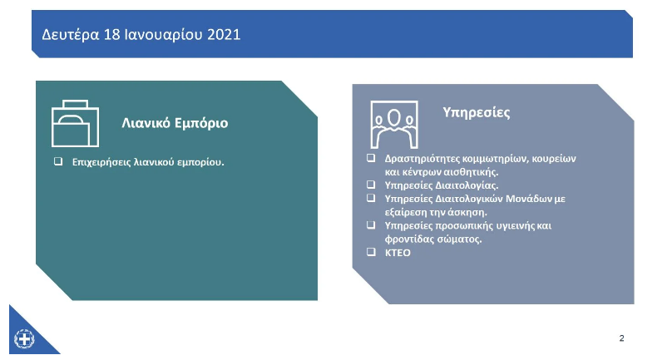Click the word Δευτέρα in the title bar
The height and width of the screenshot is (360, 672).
pyautogui.click(x=71, y=35)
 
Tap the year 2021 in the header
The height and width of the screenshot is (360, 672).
pyautogui.click(x=224, y=34)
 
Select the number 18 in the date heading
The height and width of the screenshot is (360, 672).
pyautogui.click(x=111, y=34)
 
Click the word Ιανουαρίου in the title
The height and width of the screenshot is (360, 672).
pyautogui.click(x=164, y=35)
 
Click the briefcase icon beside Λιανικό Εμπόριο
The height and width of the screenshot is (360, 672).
pyautogui.click(x=75, y=124)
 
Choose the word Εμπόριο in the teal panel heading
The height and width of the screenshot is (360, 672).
pyautogui.click(x=201, y=124)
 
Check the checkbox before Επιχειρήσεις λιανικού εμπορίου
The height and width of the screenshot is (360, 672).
pyautogui.click(x=58, y=161)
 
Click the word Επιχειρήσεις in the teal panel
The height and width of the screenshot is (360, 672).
pyautogui.click(x=101, y=162)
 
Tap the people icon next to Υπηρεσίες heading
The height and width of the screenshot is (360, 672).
pyautogui.click(x=394, y=124)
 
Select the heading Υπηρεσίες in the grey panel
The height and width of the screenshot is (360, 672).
pyautogui.click(x=477, y=112)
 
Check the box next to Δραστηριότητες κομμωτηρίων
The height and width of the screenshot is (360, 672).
pyautogui.click(x=371, y=158)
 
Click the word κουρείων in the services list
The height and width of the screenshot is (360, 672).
pyautogui.click(x=556, y=159)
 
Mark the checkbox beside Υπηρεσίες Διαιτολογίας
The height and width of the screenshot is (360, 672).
pyautogui.click(x=371, y=185)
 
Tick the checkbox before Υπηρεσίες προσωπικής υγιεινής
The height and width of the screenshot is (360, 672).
pyautogui.click(x=371, y=224)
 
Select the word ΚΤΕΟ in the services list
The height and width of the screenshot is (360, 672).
pyautogui.click(x=398, y=253)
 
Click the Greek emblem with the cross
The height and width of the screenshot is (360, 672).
pyautogui.click(x=24, y=339)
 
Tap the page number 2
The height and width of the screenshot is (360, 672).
pyautogui.click(x=621, y=338)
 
